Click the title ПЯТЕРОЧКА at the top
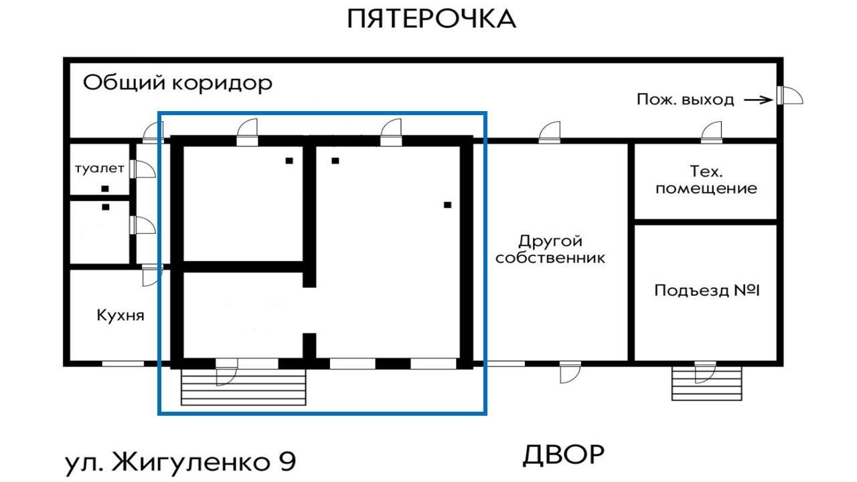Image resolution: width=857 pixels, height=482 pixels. pyautogui.click(x=432, y=19)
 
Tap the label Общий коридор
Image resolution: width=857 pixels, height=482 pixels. pyautogui.click(x=177, y=84)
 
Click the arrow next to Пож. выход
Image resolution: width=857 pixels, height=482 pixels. pyautogui.click(x=759, y=100)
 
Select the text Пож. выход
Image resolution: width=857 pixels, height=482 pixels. pyautogui.click(x=685, y=100)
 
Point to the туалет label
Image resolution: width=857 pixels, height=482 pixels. pyautogui.click(x=99, y=168)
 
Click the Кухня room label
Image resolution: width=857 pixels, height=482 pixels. pyautogui.click(x=121, y=315)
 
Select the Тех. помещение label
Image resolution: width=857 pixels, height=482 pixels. pyautogui.click(x=706, y=179)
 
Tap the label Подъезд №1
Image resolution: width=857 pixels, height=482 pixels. pyautogui.click(x=707, y=291)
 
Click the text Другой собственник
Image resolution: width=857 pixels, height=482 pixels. pyautogui.click(x=550, y=249)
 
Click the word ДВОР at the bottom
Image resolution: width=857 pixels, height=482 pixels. pyautogui.click(x=563, y=455)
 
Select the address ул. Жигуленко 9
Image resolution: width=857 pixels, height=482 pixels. pyautogui.click(x=180, y=462)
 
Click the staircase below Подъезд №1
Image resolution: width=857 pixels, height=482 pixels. pyautogui.click(x=707, y=384)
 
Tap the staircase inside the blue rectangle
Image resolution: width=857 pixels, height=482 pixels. pyautogui.click(x=244, y=389)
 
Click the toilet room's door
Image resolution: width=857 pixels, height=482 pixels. pyautogui.click(x=142, y=169)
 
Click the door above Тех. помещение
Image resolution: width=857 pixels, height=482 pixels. pyautogui.click(x=712, y=133)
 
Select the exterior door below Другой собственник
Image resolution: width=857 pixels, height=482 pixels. pyautogui.click(x=570, y=372)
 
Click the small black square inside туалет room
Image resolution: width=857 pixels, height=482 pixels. pyautogui.click(x=105, y=189)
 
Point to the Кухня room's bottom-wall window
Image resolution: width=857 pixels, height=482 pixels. pyautogui.click(x=123, y=364)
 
